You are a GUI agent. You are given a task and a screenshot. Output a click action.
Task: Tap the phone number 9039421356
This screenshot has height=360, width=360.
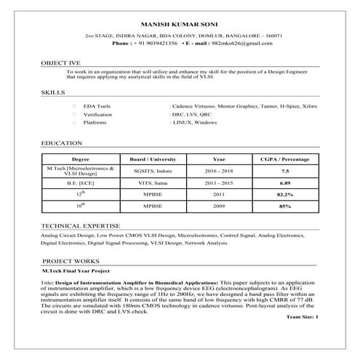[160, 44]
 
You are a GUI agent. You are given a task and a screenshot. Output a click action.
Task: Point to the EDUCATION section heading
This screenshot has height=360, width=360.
[62, 143]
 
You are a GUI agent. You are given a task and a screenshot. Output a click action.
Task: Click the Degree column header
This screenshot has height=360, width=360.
[81, 158]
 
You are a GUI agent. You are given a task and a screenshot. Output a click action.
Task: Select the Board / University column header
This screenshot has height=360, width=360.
[153, 158]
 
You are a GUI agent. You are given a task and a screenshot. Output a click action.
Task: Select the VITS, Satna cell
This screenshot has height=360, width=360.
[153, 183]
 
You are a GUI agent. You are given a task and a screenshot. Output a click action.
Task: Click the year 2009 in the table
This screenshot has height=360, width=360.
[219, 207]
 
